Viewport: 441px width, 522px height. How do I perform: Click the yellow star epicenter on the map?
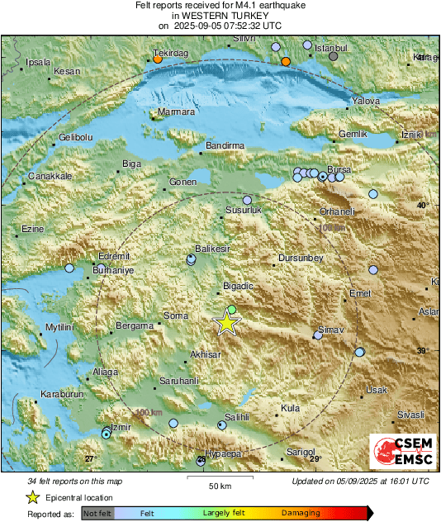click(x=226, y=323)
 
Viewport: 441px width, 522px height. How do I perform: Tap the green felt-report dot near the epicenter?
click(x=232, y=310)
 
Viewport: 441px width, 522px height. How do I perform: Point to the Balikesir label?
click(x=211, y=249)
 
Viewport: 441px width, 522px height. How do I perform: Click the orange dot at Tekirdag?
click(x=157, y=59)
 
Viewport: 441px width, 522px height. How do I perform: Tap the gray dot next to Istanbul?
click(x=334, y=56)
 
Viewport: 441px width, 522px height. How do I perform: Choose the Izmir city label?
click(x=121, y=426)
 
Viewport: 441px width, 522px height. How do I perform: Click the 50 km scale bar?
click(x=219, y=477)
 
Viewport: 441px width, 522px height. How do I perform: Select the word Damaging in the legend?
click(x=301, y=514)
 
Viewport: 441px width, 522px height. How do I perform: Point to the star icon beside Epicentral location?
click(x=32, y=497)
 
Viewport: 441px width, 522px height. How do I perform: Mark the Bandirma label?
click(x=225, y=146)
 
